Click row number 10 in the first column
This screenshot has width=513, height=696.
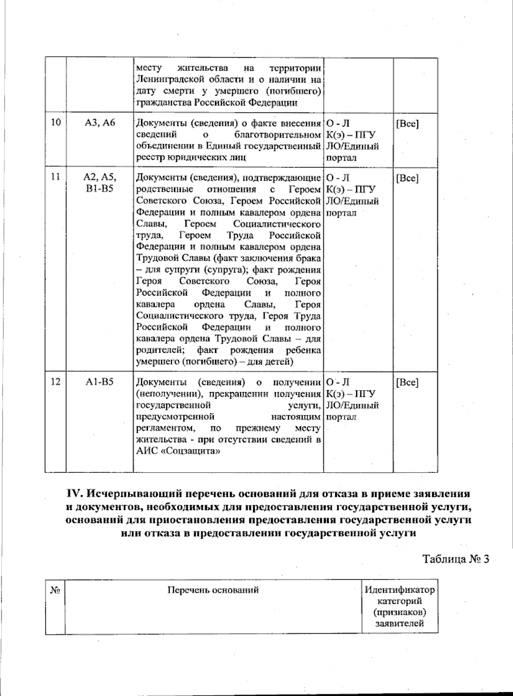tap(56, 123)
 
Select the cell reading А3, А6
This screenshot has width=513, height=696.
tap(100, 123)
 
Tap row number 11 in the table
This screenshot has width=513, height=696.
tap(56, 177)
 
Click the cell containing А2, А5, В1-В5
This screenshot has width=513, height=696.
tap(100, 182)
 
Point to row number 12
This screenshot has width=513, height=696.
tap(56, 382)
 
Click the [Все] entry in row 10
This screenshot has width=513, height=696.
tap(407, 124)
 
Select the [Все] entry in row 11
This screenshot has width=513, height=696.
tap(407, 178)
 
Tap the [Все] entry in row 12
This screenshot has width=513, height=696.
tap(407, 382)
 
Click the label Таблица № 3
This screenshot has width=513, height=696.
tap(455, 559)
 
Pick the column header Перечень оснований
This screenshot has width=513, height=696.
tap(213, 590)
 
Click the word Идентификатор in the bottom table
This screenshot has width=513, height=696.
tap(399, 590)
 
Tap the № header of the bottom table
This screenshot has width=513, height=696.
tap(55, 590)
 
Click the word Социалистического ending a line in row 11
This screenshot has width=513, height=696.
tap(277, 224)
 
